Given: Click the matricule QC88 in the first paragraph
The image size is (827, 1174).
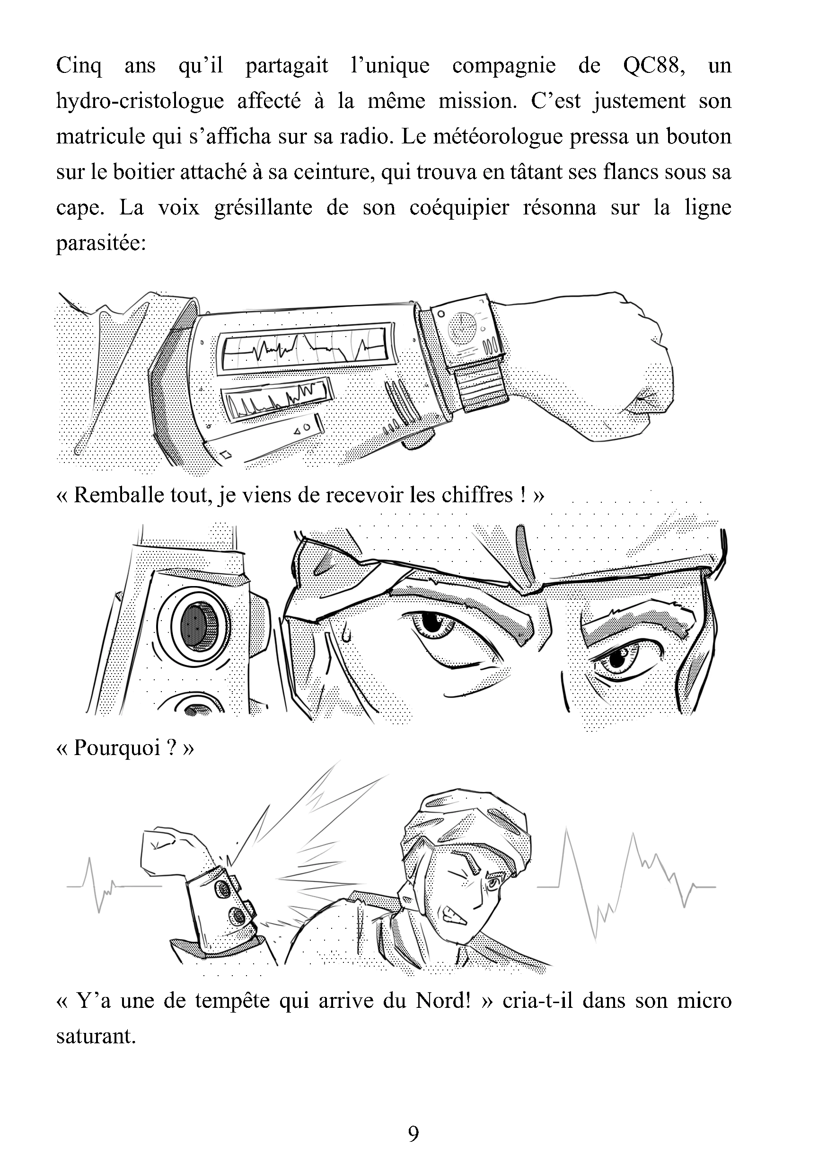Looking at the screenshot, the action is tap(648, 66).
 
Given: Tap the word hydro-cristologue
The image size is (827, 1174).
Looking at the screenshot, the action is tap(140, 101).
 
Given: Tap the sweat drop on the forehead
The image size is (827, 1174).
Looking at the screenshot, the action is tap(346, 634).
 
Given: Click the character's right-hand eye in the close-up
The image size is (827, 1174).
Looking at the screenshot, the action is tap(618, 659).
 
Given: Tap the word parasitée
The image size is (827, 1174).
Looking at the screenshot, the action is tap(101, 243).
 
